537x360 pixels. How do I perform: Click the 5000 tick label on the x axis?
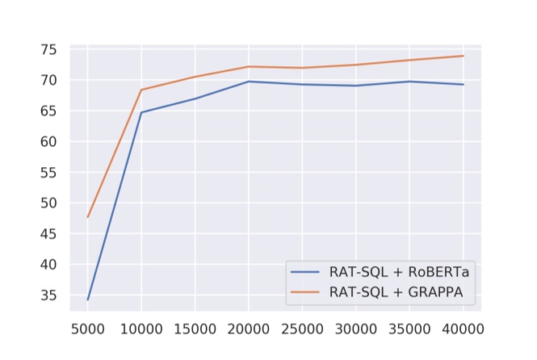88,329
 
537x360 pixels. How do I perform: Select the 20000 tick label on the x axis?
249,329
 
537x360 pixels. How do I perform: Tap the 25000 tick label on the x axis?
302,329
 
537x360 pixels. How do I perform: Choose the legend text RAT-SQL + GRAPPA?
396,292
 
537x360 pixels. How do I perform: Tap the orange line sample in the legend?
308,292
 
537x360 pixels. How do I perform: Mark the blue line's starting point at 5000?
88,299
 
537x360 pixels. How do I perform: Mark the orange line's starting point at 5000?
88,217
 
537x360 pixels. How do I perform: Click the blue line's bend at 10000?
141,112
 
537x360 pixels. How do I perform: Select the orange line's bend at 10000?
141,90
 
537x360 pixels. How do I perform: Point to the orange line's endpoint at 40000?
463,56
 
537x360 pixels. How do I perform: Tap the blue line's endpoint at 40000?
463,84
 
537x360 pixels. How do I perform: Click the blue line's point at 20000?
249,82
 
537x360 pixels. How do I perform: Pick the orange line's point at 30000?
355,65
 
